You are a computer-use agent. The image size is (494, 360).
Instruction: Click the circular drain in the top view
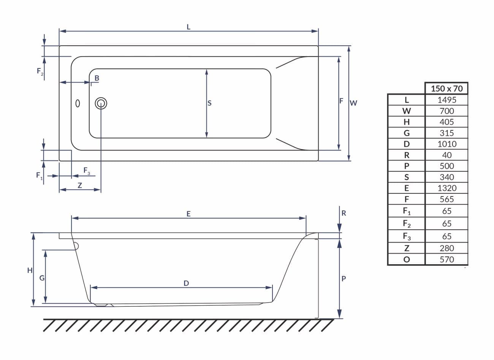point(101,103)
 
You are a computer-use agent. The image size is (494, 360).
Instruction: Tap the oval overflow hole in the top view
point(78,103)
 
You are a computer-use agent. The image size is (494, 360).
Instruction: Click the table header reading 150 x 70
point(446,89)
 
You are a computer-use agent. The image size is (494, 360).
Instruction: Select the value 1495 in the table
point(447,100)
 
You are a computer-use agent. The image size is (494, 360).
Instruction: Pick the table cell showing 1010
point(447,144)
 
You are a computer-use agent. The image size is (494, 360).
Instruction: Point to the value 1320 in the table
point(447,188)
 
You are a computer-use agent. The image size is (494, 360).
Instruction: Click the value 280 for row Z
point(447,248)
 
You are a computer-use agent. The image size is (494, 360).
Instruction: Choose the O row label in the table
point(407,259)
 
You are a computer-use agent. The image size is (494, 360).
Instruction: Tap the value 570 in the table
point(447,259)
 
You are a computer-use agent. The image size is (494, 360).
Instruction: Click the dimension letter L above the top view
point(188,27)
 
